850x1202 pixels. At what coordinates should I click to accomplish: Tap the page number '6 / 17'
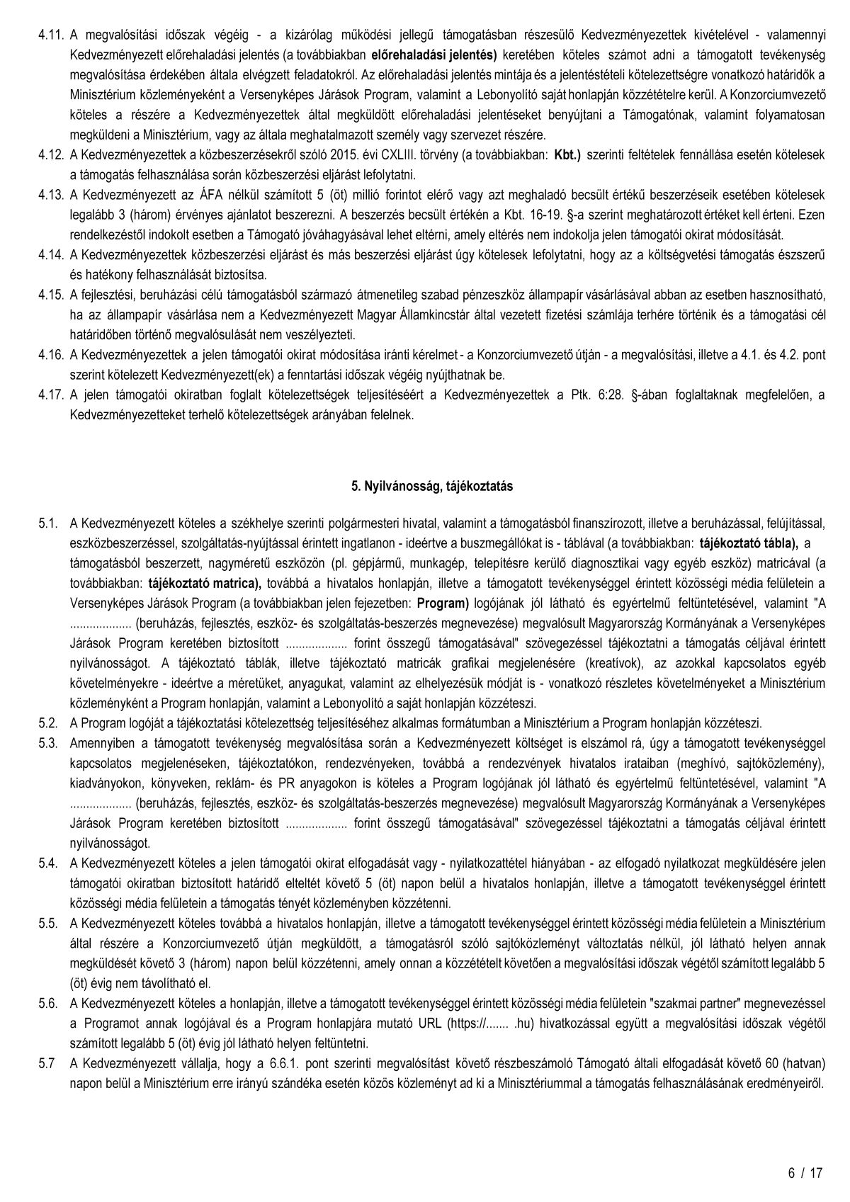(x=805, y=1173)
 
